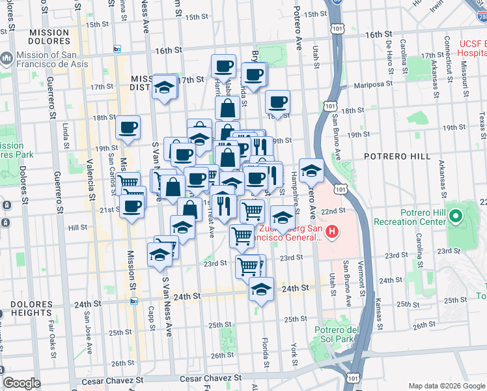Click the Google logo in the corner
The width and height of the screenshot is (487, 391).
click(x=21, y=383)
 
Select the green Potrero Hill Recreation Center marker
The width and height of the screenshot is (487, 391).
click(x=456, y=214)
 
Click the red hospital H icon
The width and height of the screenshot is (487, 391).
click(x=333, y=231)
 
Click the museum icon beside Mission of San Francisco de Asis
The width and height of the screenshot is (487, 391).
click(x=6, y=59)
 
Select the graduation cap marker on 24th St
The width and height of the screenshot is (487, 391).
click(x=261, y=289)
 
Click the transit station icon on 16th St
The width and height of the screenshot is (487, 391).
click(x=117, y=50)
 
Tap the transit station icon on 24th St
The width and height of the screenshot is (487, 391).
click(x=133, y=301)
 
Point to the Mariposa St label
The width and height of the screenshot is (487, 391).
click(x=373, y=84)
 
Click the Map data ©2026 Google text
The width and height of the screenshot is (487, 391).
click(x=446, y=385)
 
